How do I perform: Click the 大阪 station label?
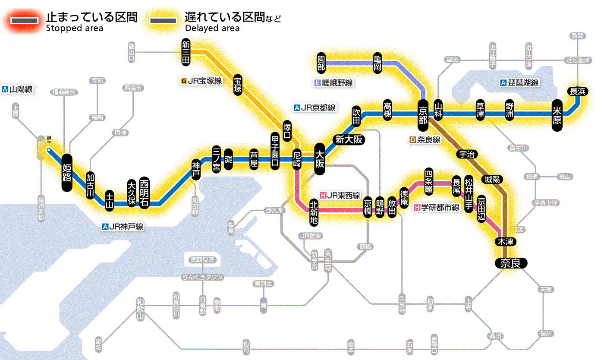pyautogui.click(x=320, y=159)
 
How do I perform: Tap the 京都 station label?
pyautogui.click(x=423, y=114)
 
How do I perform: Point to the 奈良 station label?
pyautogui.click(x=511, y=262)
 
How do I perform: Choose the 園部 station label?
pyautogui.click(x=321, y=63)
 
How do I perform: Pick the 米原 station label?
pyautogui.click(x=557, y=114)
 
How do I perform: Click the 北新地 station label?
pyautogui.click(x=314, y=212)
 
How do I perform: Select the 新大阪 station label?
pyautogui.click(x=349, y=140)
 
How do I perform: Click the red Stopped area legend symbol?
pyautogui.click(x=25, y=21)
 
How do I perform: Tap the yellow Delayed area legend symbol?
pyautogui.click(x=163, y=21)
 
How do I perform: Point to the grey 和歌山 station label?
pyautogui.click(x=140, y=308)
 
